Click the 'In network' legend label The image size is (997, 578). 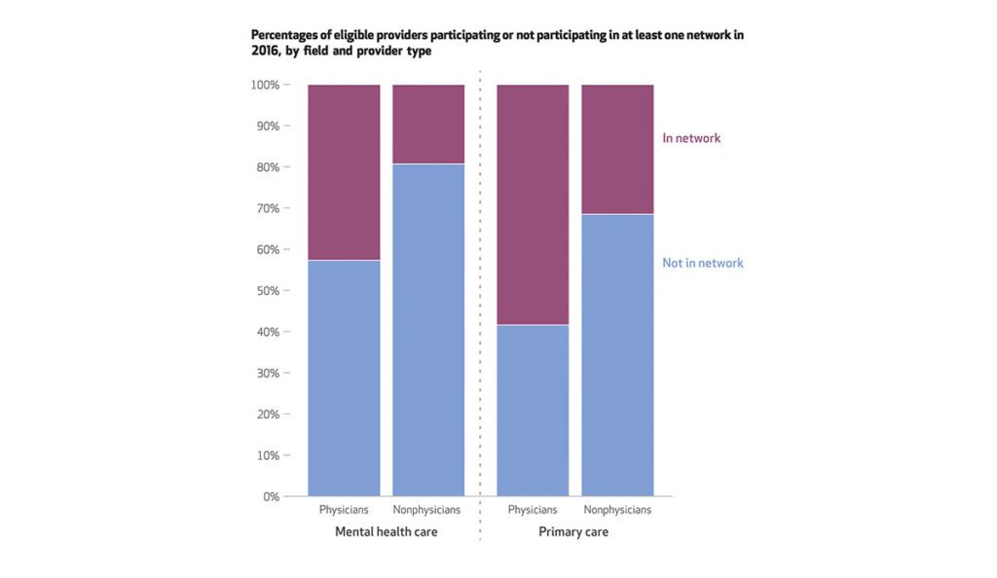[691, 138]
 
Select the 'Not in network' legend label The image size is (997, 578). [702, 263]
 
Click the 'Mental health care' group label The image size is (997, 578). [386, 532]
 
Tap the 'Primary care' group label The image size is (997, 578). [573, 532]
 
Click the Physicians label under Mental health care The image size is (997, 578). [344, 510]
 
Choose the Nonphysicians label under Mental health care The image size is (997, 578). [427, 510]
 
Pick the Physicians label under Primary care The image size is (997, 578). [533, 510]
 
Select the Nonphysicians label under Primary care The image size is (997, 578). [617, 510]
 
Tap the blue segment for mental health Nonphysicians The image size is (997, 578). [427, 330]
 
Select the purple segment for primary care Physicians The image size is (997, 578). [533, 204]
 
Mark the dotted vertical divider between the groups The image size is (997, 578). [480, 292]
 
